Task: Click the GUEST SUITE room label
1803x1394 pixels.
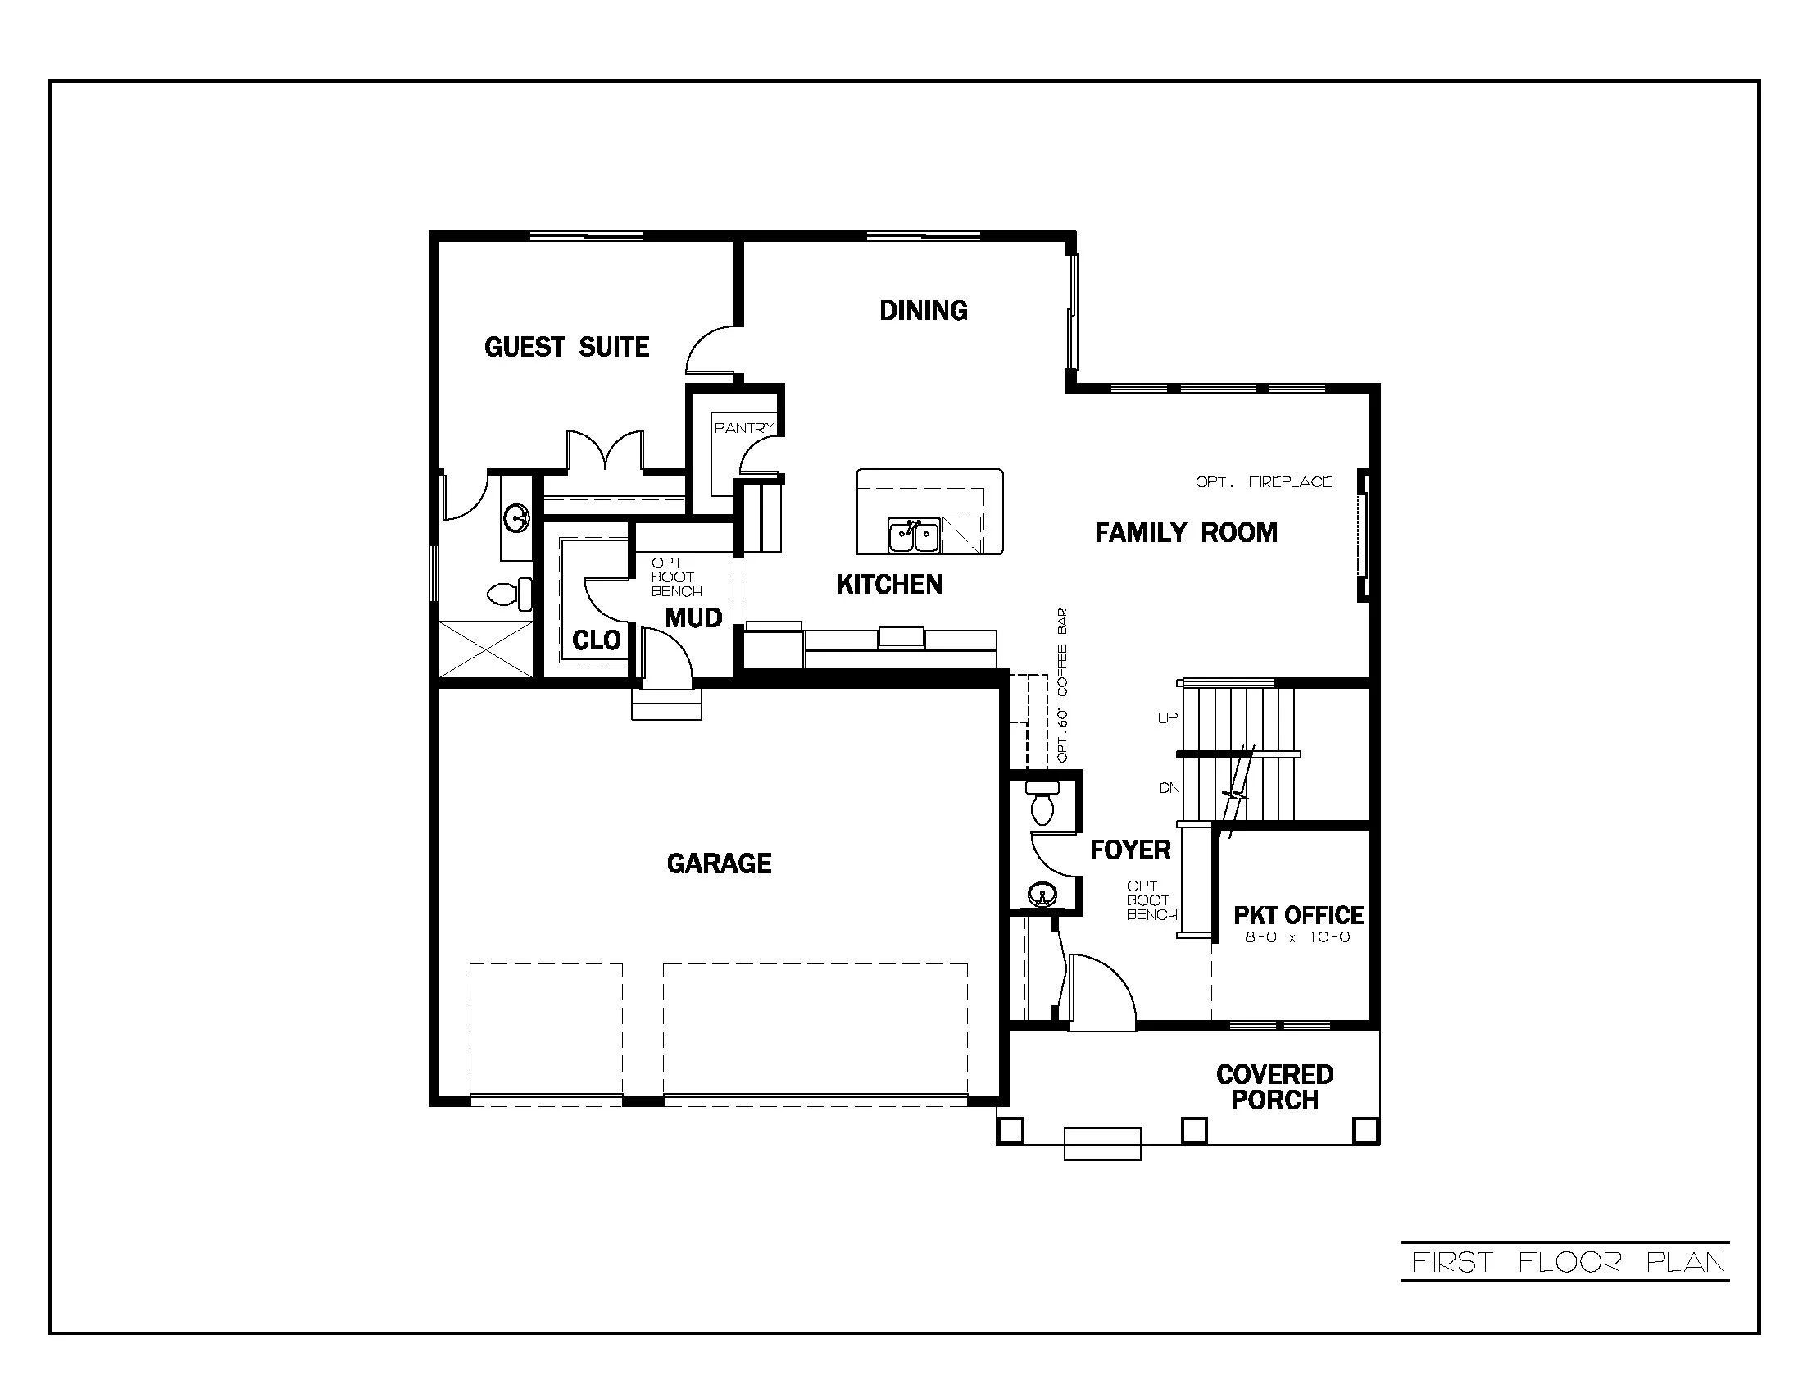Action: click(566, 347)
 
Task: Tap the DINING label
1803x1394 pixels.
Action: click(923, 311)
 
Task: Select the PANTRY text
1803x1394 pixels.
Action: click(744, 428)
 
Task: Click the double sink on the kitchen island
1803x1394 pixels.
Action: click(913, 536)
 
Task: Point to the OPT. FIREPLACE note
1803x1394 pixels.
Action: click(1263, 481)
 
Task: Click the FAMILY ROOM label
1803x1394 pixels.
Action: click(1186, 533)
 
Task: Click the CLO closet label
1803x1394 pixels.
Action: click(596, 640)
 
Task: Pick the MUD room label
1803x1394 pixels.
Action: click(693, 617)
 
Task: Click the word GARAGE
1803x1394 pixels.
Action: click(719, 863)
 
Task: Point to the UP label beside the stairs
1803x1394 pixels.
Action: click(1167, 718)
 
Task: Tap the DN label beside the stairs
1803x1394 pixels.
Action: click(1169, 788)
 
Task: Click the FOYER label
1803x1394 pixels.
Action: click(1130, 850)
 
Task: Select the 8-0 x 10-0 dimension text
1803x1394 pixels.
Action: click(1298, 937)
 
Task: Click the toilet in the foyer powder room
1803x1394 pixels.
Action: click(1042, 805)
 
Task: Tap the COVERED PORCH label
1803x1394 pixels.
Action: click(1274, 1087)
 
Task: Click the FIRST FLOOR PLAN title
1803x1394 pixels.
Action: click(1569, 1263)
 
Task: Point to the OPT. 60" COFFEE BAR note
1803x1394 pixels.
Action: click(1062, 686)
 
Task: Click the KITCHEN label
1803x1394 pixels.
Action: click(889, 585)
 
